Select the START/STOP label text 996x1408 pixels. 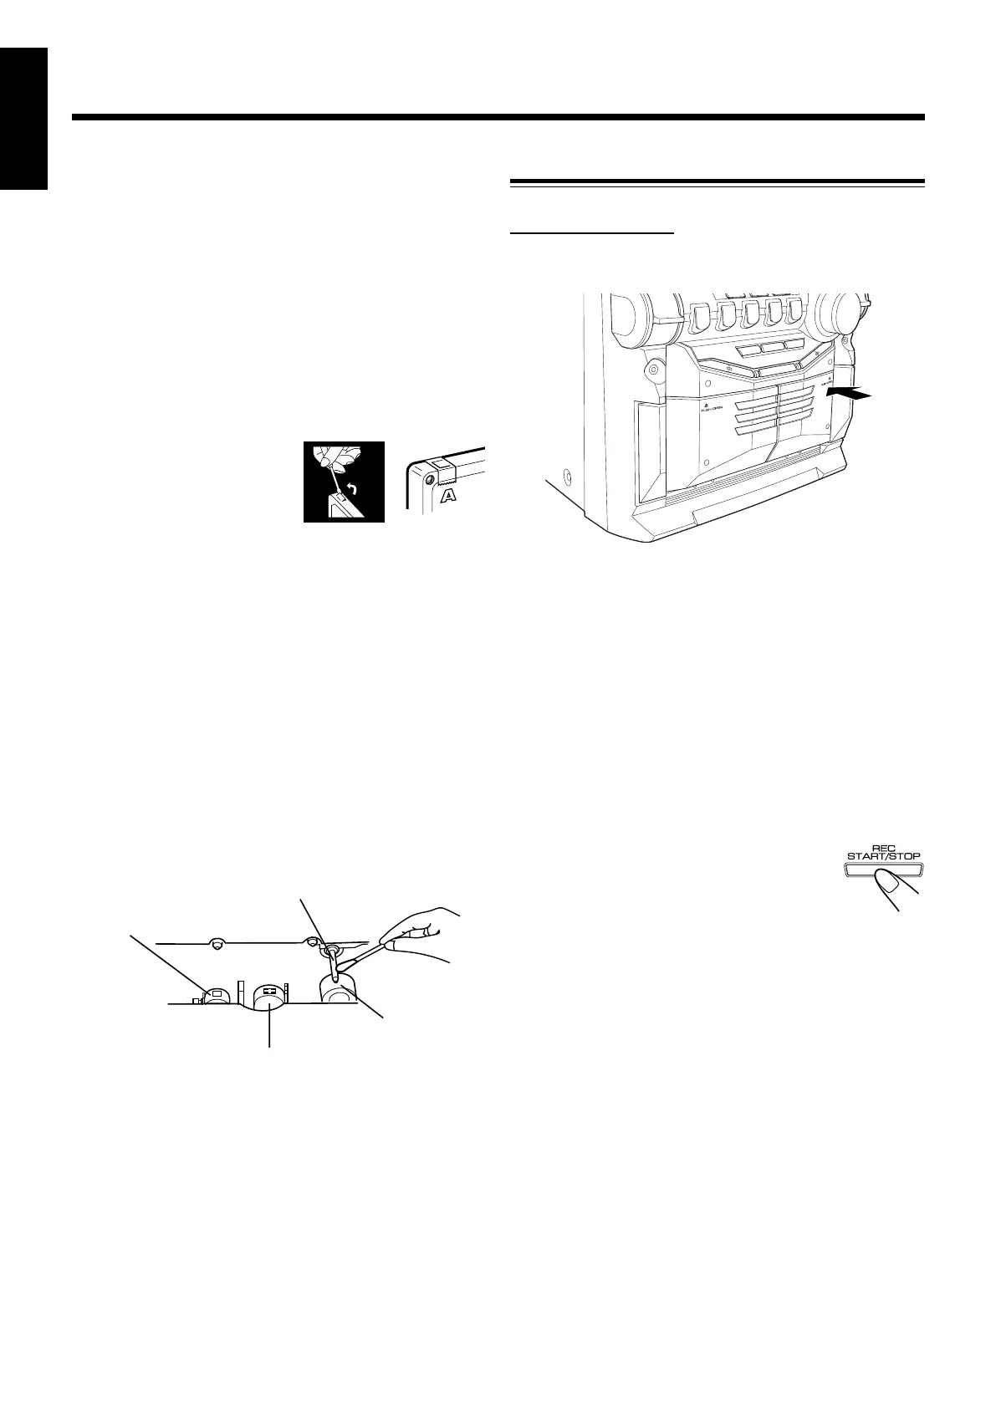[878, 856]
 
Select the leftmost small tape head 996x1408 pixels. [216, 993]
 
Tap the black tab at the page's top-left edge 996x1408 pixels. [24, 118]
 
